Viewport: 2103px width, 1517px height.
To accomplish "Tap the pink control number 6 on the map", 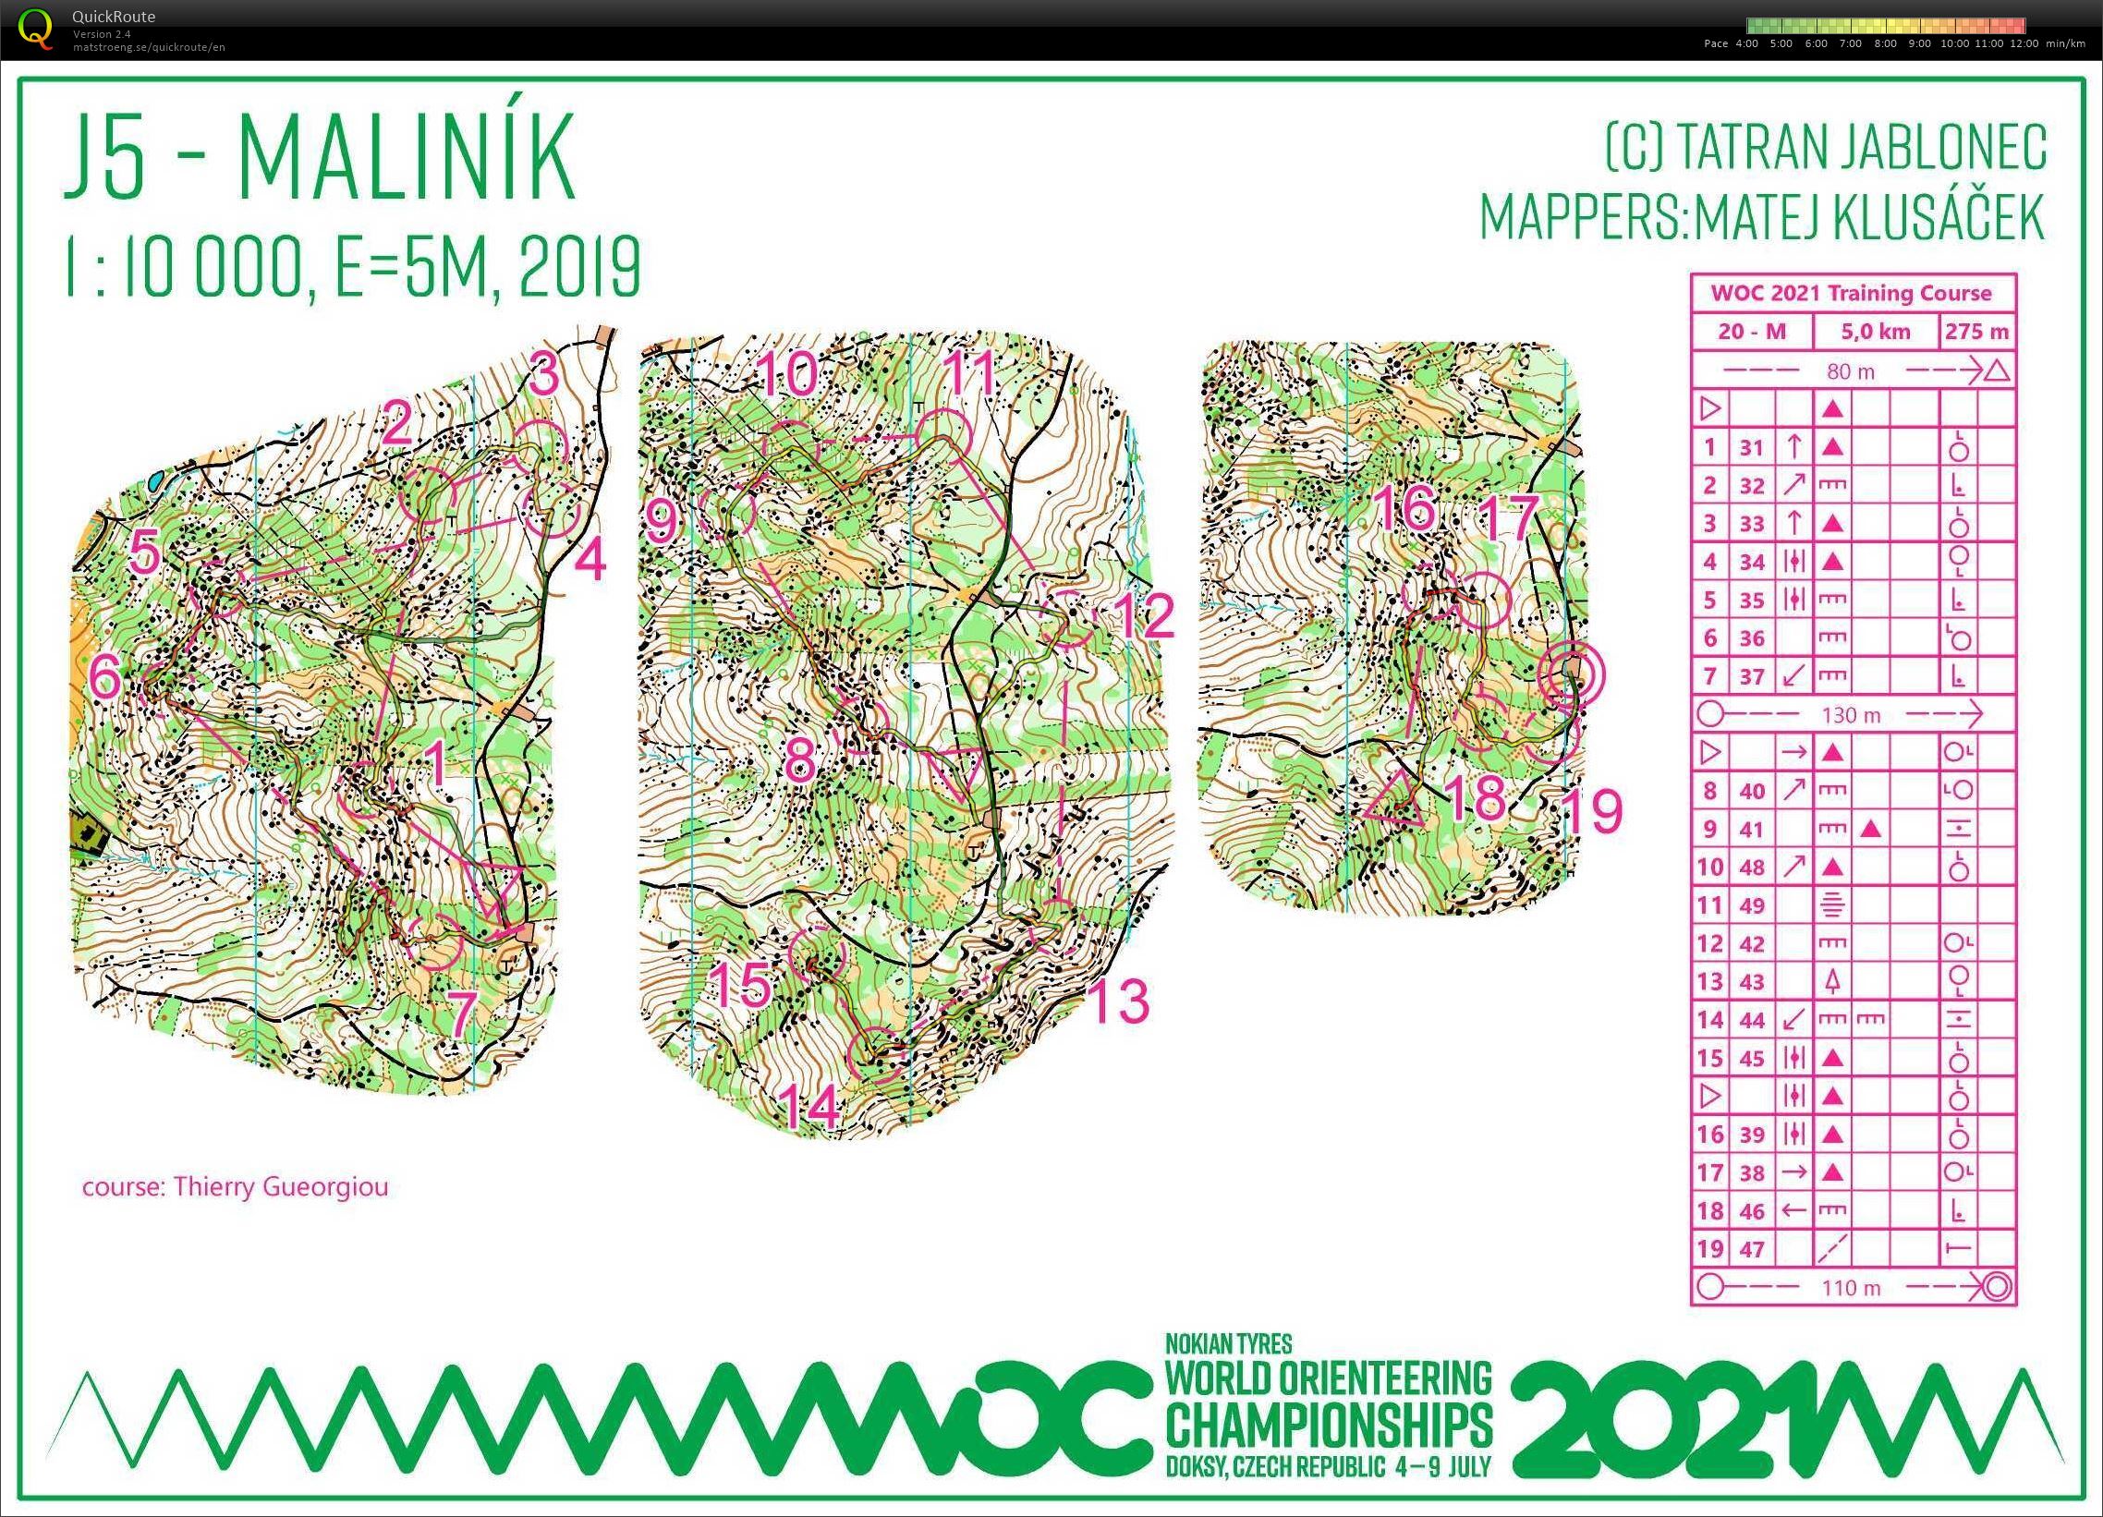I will pos(104,678).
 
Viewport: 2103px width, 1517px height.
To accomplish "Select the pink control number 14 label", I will pos(808,1107).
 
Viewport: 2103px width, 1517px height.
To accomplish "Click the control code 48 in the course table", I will pos(1751,867).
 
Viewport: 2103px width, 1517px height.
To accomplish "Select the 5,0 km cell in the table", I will pos(1874,331).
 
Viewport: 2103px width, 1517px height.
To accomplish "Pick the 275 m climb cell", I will pos(1976,331).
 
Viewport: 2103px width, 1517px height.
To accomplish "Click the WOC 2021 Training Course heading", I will pos(1851,293).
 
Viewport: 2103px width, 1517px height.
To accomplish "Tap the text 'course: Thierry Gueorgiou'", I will pos(235,1187).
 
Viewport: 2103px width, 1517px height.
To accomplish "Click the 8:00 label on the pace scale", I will pos(1885,43).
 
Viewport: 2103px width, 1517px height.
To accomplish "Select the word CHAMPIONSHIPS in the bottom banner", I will pos(1328,1426).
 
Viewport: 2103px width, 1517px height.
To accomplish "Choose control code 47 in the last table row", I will pos(1751,1249).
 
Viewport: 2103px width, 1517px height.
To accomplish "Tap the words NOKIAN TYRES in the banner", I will pos(1228,1342).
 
